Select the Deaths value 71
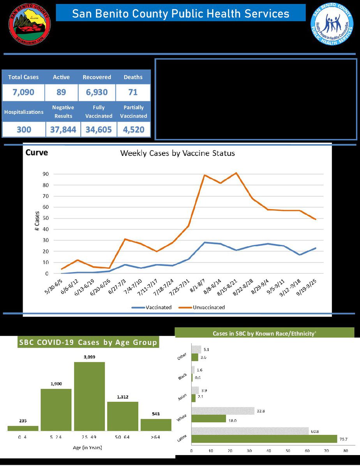pos(133,93)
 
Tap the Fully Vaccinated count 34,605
pos(99,130)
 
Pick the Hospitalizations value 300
pos(24,130)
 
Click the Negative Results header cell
pos(63,111)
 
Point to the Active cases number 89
pos(61,93)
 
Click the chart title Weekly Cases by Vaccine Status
pos(177,153)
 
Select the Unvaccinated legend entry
pos(208,307)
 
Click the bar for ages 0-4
pos(23,428)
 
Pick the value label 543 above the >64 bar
pos(156,414)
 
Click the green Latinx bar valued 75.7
pos(264,439)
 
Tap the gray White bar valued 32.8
pos(223,411)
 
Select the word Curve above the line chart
pos(37,152)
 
